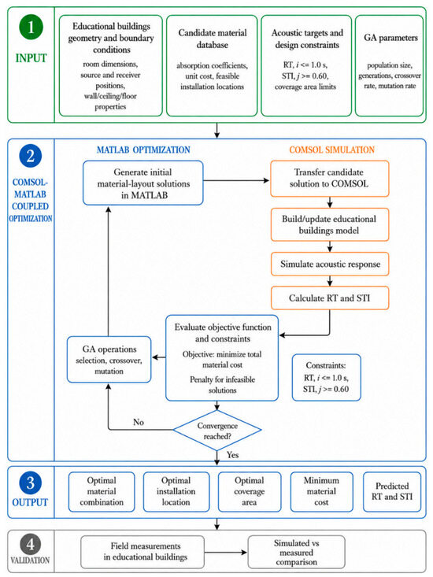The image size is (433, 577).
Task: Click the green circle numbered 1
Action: click(31, 28)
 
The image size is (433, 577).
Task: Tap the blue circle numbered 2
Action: click(31, 156)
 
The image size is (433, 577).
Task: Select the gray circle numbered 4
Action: click(31, 544)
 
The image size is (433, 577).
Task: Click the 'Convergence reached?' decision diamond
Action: click(217, 430)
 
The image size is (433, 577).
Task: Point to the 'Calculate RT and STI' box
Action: click(330, 298)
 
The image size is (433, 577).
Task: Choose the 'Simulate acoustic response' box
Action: click(330, 264)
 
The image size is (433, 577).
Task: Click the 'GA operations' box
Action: click(109, 360)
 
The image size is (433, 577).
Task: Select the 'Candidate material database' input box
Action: click(212, 65)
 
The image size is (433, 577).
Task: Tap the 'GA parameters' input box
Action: click(390, 65)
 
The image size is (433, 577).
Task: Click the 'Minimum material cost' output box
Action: click(321, 492)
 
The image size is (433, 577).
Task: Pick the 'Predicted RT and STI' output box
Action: click(392, 492)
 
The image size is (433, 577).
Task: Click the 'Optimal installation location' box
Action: click(176, 492)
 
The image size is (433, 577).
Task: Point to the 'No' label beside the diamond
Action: click(139, 422)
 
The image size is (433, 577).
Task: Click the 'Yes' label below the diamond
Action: click(232, 455)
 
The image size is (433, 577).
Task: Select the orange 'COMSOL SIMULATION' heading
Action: click(331, 150)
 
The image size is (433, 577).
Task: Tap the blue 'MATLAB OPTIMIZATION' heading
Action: click(143, 150)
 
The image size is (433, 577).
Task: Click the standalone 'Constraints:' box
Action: click(326, 378)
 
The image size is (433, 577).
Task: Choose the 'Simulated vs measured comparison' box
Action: click(296, 553)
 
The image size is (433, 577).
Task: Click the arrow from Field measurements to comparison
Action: click(226, 553)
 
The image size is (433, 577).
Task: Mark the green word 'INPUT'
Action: click(31, 58)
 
